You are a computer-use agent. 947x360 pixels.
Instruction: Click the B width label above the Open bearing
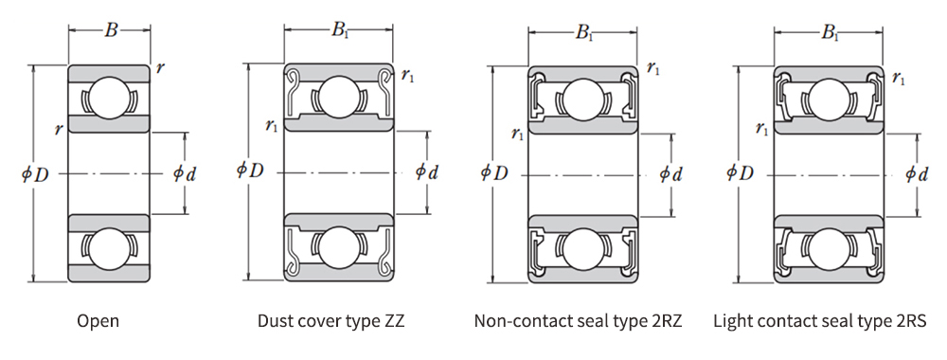coord(111,30)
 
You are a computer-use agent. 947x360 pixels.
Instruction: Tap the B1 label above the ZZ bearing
coord(340,30)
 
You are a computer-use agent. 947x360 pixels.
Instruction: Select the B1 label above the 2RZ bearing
coord(583,32)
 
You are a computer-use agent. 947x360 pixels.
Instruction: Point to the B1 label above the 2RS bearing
coord(830,32)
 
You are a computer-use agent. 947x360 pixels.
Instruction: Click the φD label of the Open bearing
coord(34,174)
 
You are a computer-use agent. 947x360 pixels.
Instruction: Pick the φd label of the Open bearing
coord(185,174)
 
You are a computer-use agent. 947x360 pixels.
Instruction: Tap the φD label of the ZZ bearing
coord(250,171)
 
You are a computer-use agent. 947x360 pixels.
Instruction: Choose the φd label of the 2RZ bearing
coord(670,174)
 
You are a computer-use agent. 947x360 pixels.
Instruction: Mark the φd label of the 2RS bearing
coord(917,174)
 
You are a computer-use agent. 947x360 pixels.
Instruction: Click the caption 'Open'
coord(98,321)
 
